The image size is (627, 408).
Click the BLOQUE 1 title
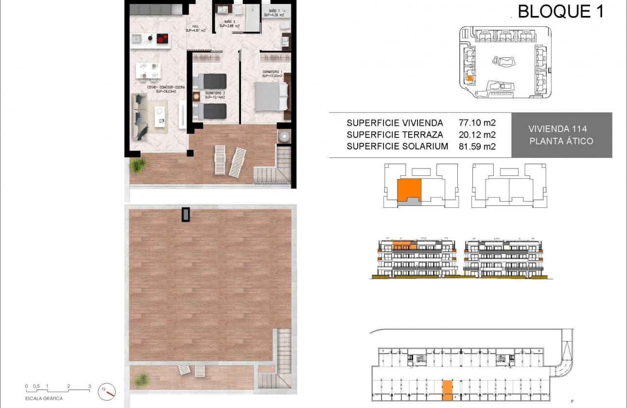pyautogui.click(x=560, y=11)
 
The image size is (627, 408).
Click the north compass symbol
pyautogui.click(x=107, y=390)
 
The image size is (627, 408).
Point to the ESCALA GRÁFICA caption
pyautogui.click(x=44, y=398)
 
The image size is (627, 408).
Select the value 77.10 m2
pyautogui.click(x=477, y=123)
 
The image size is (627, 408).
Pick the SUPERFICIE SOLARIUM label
pyautogui.click(x=397, y=146)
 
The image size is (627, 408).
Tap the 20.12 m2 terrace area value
pyautogui.click(x=477, y=135)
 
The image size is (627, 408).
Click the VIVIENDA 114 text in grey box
pyautogui.click(x=557, y=129)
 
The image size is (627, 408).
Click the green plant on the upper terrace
pyautogui.click(x=138, y=165)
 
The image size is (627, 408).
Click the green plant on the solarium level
pyautogui.click(x=142, y=379)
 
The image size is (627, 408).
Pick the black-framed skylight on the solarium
pyautogui.click(x=186, y=214)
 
